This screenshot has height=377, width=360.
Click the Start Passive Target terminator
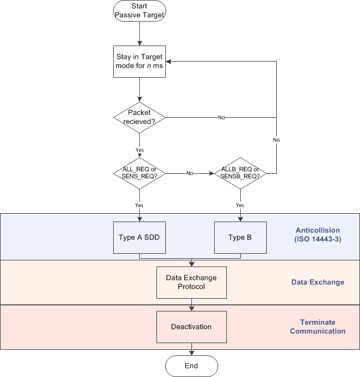(x=139, y=11)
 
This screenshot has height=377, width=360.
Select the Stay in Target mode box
(x=139, y=62)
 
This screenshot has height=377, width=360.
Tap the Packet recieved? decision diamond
(x=139, y=117)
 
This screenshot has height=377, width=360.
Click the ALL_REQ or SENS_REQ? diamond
(x=139, y=173)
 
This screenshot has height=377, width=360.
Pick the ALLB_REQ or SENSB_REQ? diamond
(x=240, y=173)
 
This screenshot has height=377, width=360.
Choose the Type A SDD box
(x=139, y=238)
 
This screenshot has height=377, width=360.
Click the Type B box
(x=240, y=238)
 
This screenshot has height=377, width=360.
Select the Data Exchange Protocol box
(x=191, y=282)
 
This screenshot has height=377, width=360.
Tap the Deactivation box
(x=191, y=326)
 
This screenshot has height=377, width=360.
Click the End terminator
(x=191, y=366)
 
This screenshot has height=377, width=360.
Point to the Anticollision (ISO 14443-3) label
(x=318, y=234)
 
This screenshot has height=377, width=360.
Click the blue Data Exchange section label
(x=318, y=282)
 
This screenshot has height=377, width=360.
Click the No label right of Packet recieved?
(x=221, y=118)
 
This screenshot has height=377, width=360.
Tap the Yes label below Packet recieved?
(x=139, y=150)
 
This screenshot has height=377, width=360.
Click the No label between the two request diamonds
(x=190, y=173)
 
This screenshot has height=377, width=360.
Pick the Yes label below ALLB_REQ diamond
(x=240, y=205)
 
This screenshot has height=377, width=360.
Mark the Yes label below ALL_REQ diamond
(x=139, y=205)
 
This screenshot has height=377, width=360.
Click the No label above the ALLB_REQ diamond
(x=276, y=140)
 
